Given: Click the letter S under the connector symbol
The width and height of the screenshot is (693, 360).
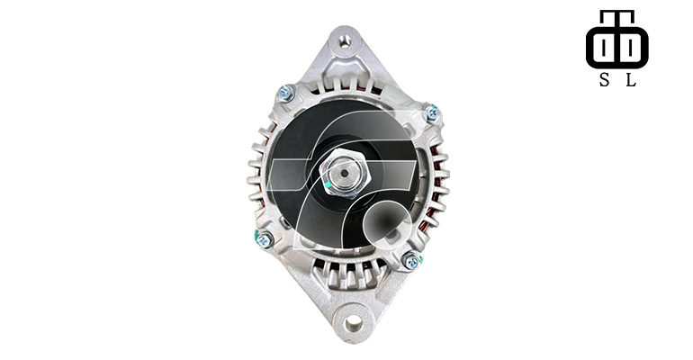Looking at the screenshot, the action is (x=604, y=80).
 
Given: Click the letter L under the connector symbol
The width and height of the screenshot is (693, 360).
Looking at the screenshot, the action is (x=631, y=80).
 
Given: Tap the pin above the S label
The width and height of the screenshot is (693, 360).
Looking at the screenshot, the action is (x=604, y=46).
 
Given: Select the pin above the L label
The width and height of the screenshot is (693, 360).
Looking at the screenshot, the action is (x=631, y=46).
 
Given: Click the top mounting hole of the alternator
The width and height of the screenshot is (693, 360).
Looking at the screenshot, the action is (x=346, y=41).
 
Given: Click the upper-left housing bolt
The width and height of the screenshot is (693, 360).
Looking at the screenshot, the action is (x=285, y=94).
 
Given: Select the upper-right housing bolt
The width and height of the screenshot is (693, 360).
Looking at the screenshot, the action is (x=432, y=113).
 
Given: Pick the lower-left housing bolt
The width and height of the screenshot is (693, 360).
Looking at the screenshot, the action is (x=265, y=240).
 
